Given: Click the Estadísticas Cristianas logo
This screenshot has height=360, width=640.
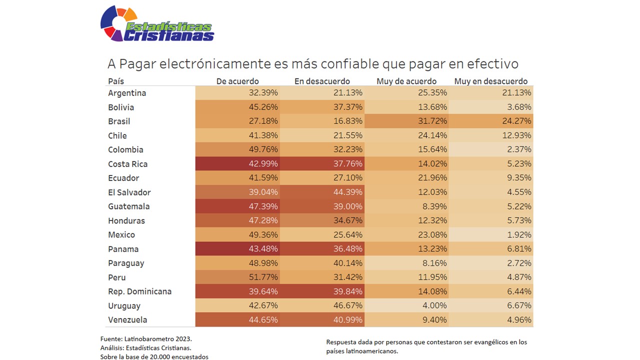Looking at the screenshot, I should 157,24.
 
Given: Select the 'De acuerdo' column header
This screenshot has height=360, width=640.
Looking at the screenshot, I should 237,81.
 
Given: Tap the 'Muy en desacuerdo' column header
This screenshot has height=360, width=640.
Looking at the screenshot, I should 490,81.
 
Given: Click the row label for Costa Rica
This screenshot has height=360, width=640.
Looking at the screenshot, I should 127,164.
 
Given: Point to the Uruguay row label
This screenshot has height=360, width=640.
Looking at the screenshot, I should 124,305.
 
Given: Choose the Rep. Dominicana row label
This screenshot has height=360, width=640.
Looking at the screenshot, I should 139,291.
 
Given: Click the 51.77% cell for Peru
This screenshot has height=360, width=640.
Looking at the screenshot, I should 263,277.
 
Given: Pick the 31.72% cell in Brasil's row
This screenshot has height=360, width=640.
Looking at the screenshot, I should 432,121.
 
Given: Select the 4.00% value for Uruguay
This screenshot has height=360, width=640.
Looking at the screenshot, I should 435,305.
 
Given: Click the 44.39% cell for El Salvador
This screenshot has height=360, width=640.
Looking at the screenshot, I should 348,192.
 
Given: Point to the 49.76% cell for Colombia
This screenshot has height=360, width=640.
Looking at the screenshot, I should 263,150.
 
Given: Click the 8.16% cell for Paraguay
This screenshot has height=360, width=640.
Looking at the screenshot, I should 435,263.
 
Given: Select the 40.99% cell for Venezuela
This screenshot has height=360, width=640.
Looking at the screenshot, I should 348,320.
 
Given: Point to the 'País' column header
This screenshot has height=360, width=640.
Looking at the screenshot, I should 116,81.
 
